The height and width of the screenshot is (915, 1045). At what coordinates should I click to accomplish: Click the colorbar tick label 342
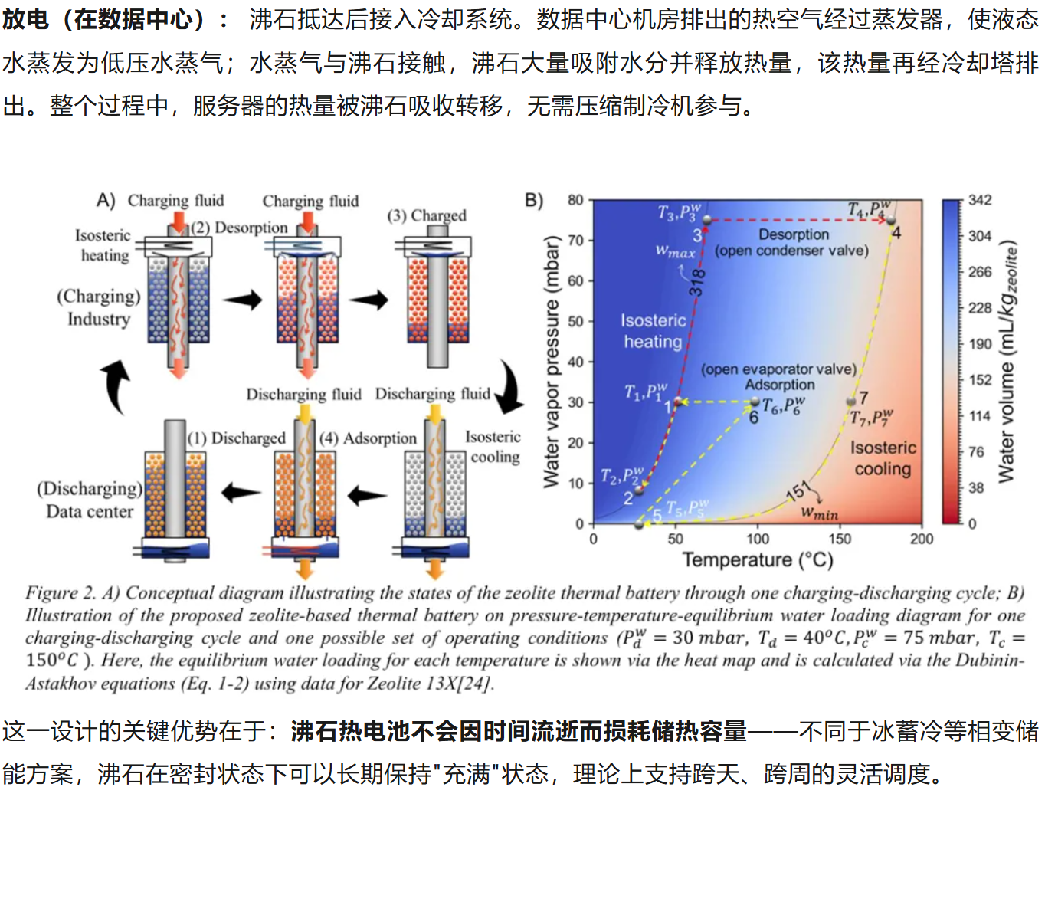point(980,200)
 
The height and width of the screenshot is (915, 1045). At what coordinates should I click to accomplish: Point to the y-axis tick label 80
point(575,200)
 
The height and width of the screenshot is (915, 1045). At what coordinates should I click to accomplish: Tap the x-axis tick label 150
point(840,539)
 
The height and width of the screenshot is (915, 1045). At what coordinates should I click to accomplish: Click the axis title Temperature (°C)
point(757,559)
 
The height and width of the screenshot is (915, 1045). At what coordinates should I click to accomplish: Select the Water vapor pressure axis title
point(551,362)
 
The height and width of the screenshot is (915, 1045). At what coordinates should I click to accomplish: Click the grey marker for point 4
point(891,221)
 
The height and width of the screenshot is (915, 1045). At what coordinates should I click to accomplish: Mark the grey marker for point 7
point(850,402)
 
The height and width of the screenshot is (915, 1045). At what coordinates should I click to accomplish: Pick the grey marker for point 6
point(755,402)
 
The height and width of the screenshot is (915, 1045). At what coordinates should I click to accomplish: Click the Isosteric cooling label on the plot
point(883,457)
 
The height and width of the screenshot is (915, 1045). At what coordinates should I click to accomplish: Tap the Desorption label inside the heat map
point(794,234)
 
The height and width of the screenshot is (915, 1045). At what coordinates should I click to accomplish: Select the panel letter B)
point(534,201)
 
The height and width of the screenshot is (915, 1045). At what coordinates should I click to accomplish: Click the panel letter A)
point(106,201)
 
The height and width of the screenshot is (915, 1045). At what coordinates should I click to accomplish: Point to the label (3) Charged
point(427,215)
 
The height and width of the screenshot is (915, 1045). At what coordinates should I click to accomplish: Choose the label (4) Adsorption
point(369,438)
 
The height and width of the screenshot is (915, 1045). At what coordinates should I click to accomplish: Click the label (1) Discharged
point(237,438)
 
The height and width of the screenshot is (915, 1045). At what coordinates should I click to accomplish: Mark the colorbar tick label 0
point(972,523)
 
